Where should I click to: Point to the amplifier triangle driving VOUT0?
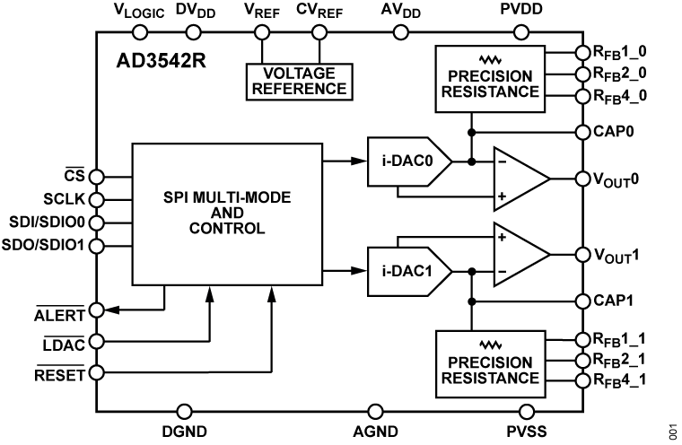[520, 178]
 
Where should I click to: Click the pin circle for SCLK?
[96, 199]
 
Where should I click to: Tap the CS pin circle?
[96, 177]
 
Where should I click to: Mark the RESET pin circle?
[96, 371]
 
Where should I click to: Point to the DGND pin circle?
[185, 411]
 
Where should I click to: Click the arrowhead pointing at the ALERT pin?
[112, 310]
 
